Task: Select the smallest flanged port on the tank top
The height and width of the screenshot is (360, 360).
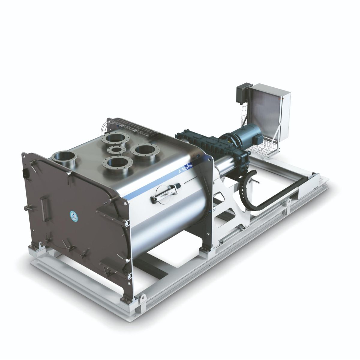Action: click(x=115, y=150)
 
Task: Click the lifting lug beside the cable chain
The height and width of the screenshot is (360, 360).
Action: click(x=288, y=204)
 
